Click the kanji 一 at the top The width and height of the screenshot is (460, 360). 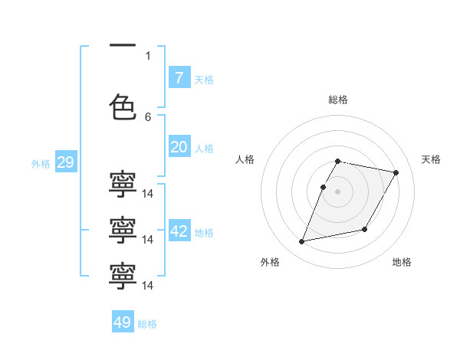pos(123,45)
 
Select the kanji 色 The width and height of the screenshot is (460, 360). pos(123,107)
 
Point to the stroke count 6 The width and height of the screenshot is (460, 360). pos(148,117)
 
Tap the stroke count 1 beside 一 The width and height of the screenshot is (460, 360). pos(148,56)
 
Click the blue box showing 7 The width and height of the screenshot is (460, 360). pos(179,77)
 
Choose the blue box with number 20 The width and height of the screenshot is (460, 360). pos(179,146)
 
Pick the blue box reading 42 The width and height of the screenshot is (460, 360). pos(179,230)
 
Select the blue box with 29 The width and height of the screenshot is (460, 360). pos(66,162)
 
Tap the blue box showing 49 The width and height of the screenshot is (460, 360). pos(123,321)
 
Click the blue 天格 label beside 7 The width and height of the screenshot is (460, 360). pos(204,80)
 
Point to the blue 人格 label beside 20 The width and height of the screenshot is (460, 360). pos(204,149)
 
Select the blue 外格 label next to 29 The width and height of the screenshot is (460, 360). pos(41,164)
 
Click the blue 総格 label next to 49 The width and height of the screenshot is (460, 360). pos(147,324)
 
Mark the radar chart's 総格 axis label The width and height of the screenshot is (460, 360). pos(338,100)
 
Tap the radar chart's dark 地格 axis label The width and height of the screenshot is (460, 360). pos(402,262)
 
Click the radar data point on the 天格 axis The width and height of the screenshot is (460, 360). pos(396,172)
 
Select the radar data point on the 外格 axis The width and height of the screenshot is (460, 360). pos(301,241)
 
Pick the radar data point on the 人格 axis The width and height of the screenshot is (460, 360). pos(323,188)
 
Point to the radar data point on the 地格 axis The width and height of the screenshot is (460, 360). pos(364,229)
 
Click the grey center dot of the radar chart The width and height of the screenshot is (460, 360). pos(337,191)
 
